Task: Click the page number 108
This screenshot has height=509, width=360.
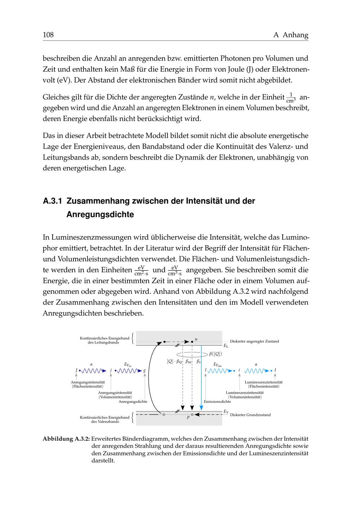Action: point(48,35)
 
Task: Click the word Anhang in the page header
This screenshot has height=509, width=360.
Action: point(295,35)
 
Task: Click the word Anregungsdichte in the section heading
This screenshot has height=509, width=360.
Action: point(100,215)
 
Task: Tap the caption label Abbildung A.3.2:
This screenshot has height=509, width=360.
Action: point(66,439)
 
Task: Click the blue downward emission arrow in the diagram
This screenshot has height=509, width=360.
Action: point(201,378)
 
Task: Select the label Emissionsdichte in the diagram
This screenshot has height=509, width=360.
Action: point(217,401)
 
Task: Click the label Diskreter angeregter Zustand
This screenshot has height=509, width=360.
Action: point(254,341)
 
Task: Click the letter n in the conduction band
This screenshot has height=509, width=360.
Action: point(196,339)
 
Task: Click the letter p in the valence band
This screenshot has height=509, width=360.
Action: point(188,418)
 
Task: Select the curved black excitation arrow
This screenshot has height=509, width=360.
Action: point(153,378)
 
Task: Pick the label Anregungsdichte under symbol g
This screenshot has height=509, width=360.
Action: point(133,401)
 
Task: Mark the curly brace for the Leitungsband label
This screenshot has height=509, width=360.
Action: point(133,338)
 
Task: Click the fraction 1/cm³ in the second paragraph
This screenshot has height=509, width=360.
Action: point(291,98)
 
